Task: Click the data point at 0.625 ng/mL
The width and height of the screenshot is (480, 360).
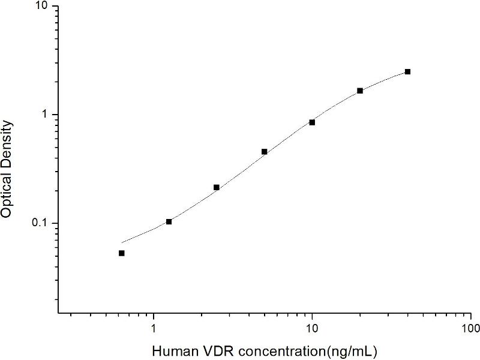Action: click(121, 253)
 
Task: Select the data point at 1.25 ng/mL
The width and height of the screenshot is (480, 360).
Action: click(169, 221)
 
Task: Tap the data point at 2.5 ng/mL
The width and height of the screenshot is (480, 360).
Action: click(217, 187)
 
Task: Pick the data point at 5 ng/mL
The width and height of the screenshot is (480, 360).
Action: click(265, 152)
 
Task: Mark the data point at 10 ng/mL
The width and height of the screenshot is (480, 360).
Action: click(312, 122)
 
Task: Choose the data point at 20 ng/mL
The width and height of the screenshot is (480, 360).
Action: click(360, 91)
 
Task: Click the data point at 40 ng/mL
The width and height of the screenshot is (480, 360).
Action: click(408, 71)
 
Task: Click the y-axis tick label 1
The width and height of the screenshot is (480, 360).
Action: click(48, 114)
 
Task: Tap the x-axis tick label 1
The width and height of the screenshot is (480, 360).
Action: click(154, 329)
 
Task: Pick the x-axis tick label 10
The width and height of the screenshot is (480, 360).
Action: click(312, 329)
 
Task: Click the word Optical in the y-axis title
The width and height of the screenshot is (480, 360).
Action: click(8, 196)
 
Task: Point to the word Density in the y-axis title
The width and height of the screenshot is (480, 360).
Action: click(8, 142)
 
